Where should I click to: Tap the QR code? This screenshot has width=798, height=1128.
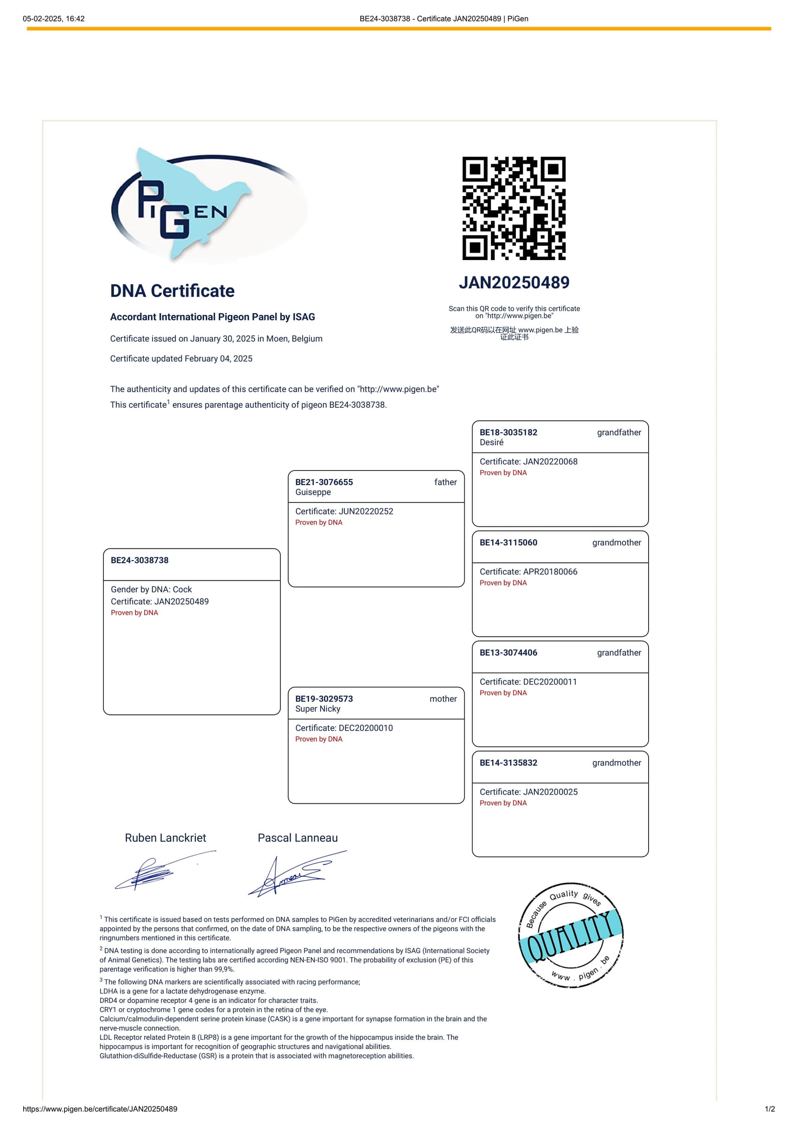point(514,208)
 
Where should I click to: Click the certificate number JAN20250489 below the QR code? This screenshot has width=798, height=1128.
point(514,282)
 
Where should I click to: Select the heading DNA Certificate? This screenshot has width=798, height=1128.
point(172,291)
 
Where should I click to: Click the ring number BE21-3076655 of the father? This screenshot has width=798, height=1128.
point(324,482)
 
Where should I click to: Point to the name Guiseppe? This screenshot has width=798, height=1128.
point(313,492)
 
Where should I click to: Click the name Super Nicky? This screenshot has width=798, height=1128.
point(318,709)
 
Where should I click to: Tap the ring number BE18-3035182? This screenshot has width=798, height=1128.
point(508,433)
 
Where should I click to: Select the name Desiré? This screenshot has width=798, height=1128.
point(492,443)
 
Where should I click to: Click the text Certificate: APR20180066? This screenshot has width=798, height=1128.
point(528,572)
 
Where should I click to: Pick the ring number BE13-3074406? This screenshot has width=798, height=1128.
point(508,653)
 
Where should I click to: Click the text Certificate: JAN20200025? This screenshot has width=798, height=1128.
point(528,792)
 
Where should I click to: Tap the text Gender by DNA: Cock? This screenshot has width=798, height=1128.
point(151,590)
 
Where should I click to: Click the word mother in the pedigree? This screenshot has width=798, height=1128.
point(443,699)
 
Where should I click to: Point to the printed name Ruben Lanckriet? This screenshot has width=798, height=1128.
point(165,838)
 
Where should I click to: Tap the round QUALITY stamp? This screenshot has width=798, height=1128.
point(570,935)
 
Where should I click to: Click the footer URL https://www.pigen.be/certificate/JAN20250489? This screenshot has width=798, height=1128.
point(100,1109)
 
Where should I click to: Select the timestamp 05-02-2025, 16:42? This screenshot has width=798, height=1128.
point(54,19)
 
